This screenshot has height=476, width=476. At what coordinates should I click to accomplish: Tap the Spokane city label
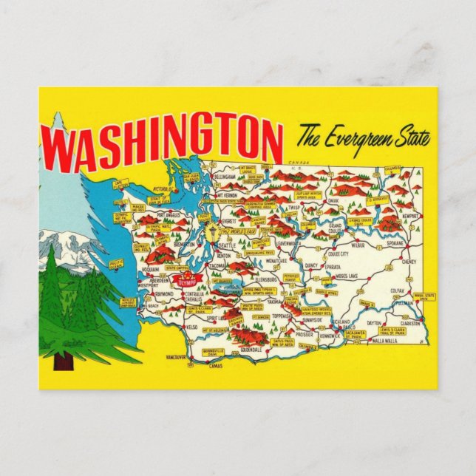395,243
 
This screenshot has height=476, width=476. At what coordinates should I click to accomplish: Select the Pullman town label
406,304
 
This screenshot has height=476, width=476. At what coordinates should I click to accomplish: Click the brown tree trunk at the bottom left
63,361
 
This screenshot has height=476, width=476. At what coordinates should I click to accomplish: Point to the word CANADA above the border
298,161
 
